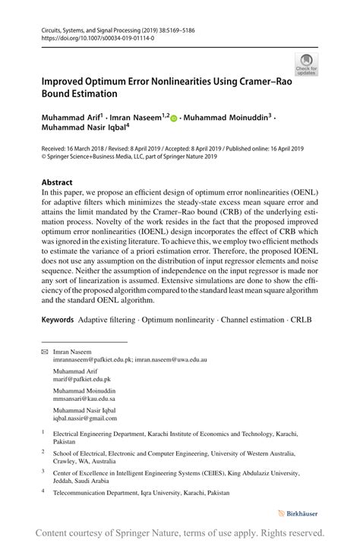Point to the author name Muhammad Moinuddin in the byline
coord(226,118)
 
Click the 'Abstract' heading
coord(57,182)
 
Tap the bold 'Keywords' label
coord(58,320)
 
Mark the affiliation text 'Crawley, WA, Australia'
coord(84,461)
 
